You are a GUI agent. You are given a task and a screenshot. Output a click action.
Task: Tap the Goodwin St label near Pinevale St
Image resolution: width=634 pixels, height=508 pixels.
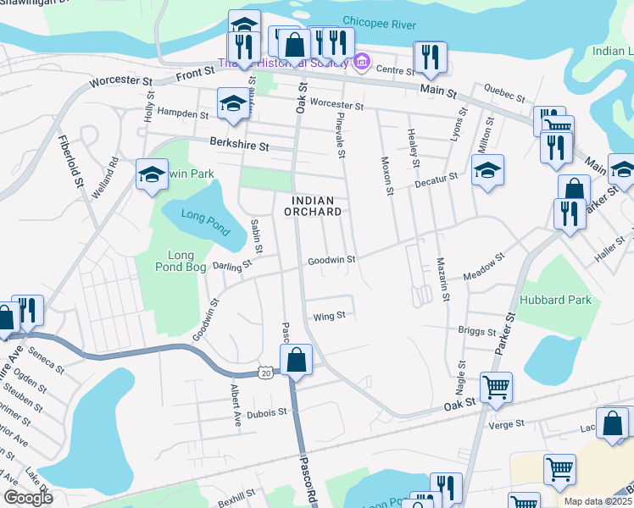331,261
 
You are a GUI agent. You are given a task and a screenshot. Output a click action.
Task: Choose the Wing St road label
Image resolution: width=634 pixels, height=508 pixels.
330,316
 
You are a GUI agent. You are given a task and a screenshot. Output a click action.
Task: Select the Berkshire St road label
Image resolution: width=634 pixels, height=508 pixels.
240,146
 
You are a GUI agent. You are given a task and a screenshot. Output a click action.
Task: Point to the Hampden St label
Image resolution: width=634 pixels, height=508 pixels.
183,113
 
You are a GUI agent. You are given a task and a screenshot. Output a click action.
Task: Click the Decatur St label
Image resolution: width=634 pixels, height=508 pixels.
436,178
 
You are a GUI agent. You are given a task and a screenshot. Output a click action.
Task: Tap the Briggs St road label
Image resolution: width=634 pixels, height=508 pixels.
476,331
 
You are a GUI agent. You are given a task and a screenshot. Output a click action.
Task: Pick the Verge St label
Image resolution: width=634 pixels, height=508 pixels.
508,422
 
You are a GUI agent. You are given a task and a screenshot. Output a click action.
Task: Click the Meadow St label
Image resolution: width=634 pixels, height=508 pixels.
485,266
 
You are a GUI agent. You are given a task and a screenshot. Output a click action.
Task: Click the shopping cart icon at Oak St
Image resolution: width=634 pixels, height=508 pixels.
496,387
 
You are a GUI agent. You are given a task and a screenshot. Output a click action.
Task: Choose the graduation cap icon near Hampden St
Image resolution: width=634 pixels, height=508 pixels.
233,103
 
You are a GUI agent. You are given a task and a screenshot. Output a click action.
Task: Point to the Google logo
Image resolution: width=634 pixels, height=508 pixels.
28,497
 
